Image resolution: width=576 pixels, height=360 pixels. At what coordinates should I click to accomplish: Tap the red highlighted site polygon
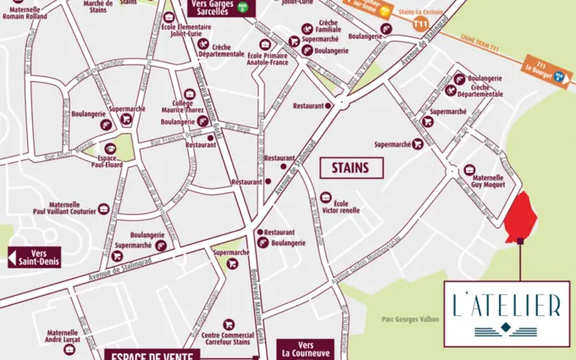pyautogui.click(x=518, y=219)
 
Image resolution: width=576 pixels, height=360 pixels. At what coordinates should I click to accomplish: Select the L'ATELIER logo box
pyautogui.click(x=507, y=312)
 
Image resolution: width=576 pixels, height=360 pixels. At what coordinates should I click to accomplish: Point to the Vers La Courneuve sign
pyautogui.click(x=311, y=349)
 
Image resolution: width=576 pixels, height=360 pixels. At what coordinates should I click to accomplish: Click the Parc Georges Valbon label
pyautogui.click(x=406, y=320)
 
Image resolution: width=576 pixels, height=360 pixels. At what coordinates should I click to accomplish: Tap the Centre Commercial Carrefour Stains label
pyautogui.click(x=227, y=339)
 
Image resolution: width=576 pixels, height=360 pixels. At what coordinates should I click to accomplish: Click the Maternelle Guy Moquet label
pyautogui.click(x=488, y=184)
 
